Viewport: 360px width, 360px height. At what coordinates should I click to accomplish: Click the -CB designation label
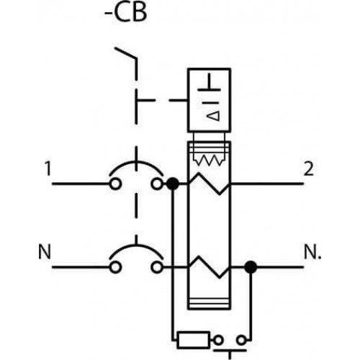coord(126,12)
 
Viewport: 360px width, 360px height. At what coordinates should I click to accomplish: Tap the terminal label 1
coord(48,168)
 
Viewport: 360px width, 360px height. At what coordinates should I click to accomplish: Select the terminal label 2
coord(309,168)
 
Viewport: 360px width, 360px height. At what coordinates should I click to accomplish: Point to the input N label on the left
coord(45,252)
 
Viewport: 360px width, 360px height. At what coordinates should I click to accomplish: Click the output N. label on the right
coord(312,252)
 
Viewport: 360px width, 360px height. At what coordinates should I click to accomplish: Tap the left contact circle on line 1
coord(115,184)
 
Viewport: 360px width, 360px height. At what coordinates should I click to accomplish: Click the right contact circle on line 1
coord(157,184)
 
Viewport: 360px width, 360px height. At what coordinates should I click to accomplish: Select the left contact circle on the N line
coord(115,267)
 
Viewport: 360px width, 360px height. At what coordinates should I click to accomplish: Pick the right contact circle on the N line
coord(157,267)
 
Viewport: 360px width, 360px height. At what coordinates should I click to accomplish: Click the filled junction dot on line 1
coord(173,184)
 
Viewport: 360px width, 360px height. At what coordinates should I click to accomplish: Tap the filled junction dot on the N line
coord(251,267)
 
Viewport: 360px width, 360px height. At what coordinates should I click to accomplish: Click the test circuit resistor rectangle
coord(193,340)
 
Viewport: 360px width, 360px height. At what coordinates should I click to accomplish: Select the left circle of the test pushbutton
coord(218,341)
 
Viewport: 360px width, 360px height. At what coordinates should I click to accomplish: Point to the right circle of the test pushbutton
coord(241,341)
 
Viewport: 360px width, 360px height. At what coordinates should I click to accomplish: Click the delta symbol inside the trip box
coord(213,115)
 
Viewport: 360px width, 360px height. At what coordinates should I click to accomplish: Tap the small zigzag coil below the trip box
coord(209,161)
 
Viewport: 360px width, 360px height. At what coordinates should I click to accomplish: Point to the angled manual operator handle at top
coord(126,53)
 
